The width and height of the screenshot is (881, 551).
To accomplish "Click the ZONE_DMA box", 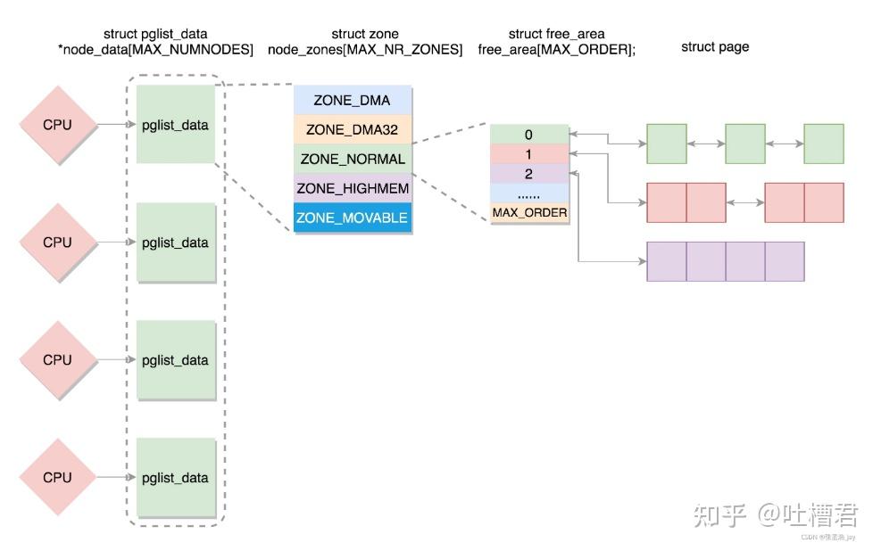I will click(x=352, y=101).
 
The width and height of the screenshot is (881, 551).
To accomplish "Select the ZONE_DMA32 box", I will click(x=352, y=129).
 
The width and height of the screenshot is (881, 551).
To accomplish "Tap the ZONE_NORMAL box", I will click(x=352, y=159).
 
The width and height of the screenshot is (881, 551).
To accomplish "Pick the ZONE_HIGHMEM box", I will click(x=352, y=188).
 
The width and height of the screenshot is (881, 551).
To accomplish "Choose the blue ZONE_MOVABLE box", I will click(x=352, y=218).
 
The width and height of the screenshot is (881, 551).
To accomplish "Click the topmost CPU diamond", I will click(x=57, y=125).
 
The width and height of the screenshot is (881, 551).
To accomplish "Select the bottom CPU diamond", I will click(x=57, y=478).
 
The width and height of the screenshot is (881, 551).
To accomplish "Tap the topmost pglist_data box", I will click(x=175, y=125).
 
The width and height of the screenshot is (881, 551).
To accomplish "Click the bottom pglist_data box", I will click(x=175, y=478).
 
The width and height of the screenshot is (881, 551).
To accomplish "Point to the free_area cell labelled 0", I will click(x=528, y=135).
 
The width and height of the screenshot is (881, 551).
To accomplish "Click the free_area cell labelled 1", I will click(x=528, y=154).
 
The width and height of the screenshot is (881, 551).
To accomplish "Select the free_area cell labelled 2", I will click(x=528, y=174).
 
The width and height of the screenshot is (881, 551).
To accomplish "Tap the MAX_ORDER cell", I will click(x=528, y=213).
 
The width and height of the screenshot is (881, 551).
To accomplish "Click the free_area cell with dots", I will click(x=528, y=193).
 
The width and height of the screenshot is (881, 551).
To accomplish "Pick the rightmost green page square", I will click(x=823, y=144).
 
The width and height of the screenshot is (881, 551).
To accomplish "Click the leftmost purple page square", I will click(x=666, y=261).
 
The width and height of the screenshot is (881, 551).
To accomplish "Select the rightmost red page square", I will click(x=823, y=202).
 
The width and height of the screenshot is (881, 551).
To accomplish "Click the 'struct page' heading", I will click(x=714, y=46).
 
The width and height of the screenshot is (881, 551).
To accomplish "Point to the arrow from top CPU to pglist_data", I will click(x=115, y=125).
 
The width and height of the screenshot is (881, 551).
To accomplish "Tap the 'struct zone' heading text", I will click(x=364, y=34).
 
